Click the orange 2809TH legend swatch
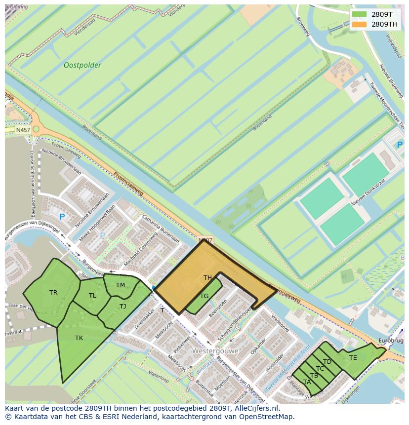pos(360,24)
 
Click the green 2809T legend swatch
pos(360,14)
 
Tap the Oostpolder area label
pos(82,65)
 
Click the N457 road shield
pos(23,130)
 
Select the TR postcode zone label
pos(53,293)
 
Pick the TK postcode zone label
pos(79,338)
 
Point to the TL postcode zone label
pos(92,296)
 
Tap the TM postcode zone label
pos(121,285)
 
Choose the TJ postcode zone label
pos(123,307)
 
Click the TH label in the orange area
pos(207,278)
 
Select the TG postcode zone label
pos(204,296)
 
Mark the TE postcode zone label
pos(353,358)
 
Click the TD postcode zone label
pos(327,362)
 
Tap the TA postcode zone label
pos(307,382)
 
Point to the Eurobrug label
pos(391,341)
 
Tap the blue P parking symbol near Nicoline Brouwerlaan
pos(62,217)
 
